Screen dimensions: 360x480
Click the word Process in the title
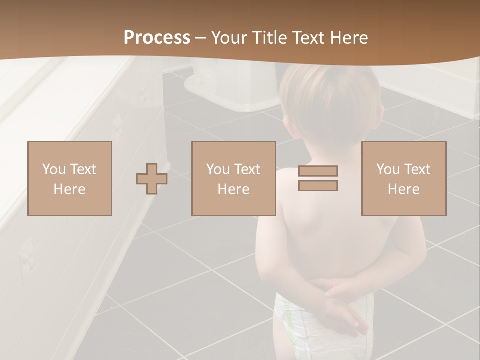(x=157, y=38)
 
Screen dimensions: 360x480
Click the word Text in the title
(x=307, y=38)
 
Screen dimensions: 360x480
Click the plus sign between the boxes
(x=152, y=179)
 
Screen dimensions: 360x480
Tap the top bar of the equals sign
(x=318, y=171)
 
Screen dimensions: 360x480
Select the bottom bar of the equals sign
(x=318, y=186)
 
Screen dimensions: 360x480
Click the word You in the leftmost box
(x=53, y=169)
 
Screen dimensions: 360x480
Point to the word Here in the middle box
(x=233, y=189)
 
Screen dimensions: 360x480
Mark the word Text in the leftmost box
(x=83, y=169)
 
